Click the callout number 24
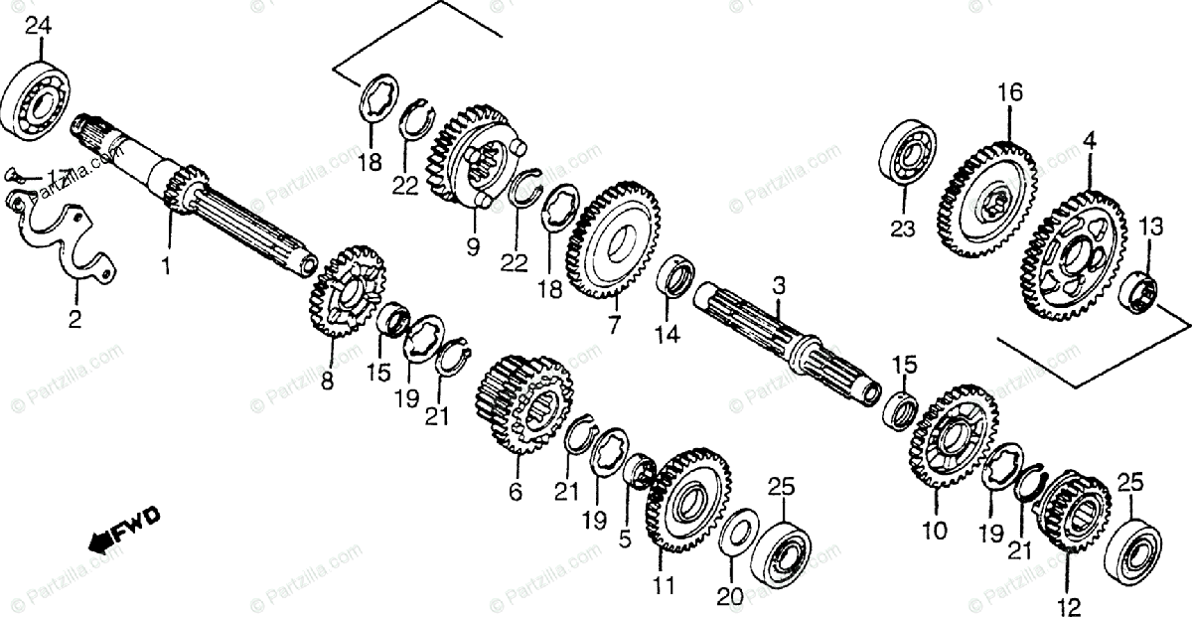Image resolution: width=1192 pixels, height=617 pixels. [38, 26]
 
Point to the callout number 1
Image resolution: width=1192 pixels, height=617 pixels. [167, 266]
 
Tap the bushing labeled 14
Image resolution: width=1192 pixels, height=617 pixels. [677, 275]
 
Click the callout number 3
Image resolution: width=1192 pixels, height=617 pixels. [779, 286]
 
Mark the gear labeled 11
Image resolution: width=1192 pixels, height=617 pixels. [685, 503]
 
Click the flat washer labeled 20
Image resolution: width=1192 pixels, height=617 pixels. [738, 533]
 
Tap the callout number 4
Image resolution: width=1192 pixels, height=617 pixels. [1090, 142]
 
